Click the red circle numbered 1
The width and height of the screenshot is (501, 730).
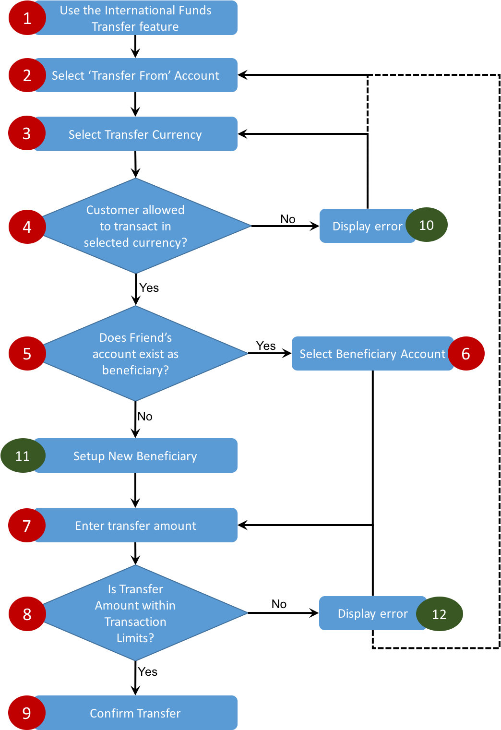(27, 18)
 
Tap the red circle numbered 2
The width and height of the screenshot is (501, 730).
(27, 75)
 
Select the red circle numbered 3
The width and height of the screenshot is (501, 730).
(26, 133)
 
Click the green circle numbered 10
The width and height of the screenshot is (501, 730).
(426, 225)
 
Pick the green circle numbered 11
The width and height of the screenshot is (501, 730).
(23, 455)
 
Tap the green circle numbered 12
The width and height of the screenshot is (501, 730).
(439, 614)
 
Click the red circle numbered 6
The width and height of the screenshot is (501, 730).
(465, 354)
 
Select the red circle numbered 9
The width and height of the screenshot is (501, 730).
(27, 713)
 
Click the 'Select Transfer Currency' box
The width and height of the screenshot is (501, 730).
(135, 134)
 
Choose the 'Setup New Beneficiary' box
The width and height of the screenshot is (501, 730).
(135, 456)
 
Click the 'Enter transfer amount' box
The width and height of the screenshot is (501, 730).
(135, 526)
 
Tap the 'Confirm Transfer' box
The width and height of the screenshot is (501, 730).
(135, 713)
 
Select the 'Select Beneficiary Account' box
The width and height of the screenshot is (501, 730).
(372, 354)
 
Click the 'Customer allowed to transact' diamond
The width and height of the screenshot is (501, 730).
(135, 226)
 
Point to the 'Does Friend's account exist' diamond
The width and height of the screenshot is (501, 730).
(135, 354)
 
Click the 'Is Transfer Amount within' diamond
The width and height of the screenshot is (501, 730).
(135, 613)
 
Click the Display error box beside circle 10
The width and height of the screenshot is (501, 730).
(367, 226)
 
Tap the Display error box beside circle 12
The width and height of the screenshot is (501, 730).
(372, 613)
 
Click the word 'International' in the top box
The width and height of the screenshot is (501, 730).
(135, 10)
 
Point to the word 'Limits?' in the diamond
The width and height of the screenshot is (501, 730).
(135, 638)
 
